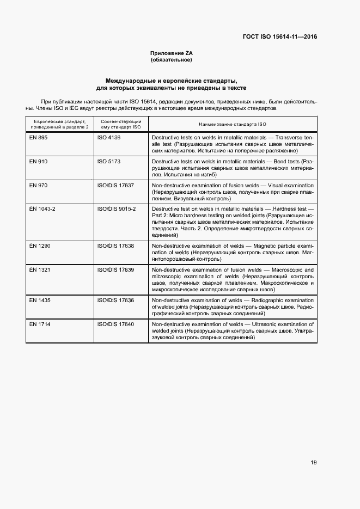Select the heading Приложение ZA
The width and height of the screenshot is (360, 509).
click(172, 53)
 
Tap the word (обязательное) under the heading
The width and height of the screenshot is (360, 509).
click(172, 60)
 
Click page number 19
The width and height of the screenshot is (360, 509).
click(314, 463)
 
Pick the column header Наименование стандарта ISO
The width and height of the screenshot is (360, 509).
click(232, 124)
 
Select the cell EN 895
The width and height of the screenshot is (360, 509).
click(39, 138)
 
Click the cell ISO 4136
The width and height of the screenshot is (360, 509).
click(108, 138)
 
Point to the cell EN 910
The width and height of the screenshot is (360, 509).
click(39, 162)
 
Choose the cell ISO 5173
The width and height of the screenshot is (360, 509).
click(108, 162)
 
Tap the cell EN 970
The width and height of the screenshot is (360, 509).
click(39, 186)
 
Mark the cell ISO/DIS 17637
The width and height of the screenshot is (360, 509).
click(115, 186)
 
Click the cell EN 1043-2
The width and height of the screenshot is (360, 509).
click(42, 209)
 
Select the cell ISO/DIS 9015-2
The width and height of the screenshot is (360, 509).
click(117, 209)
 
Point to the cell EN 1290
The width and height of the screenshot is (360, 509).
click(40, 246)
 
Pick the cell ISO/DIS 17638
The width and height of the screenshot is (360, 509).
click(115, 246)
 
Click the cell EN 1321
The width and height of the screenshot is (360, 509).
click(40, 270)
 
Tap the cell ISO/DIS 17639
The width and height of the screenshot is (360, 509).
click(115, 270)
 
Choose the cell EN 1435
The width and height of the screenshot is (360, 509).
click(40, 301)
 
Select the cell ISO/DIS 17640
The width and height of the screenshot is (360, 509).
click(115, 324)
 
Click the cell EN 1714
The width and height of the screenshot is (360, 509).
click(40, 324)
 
